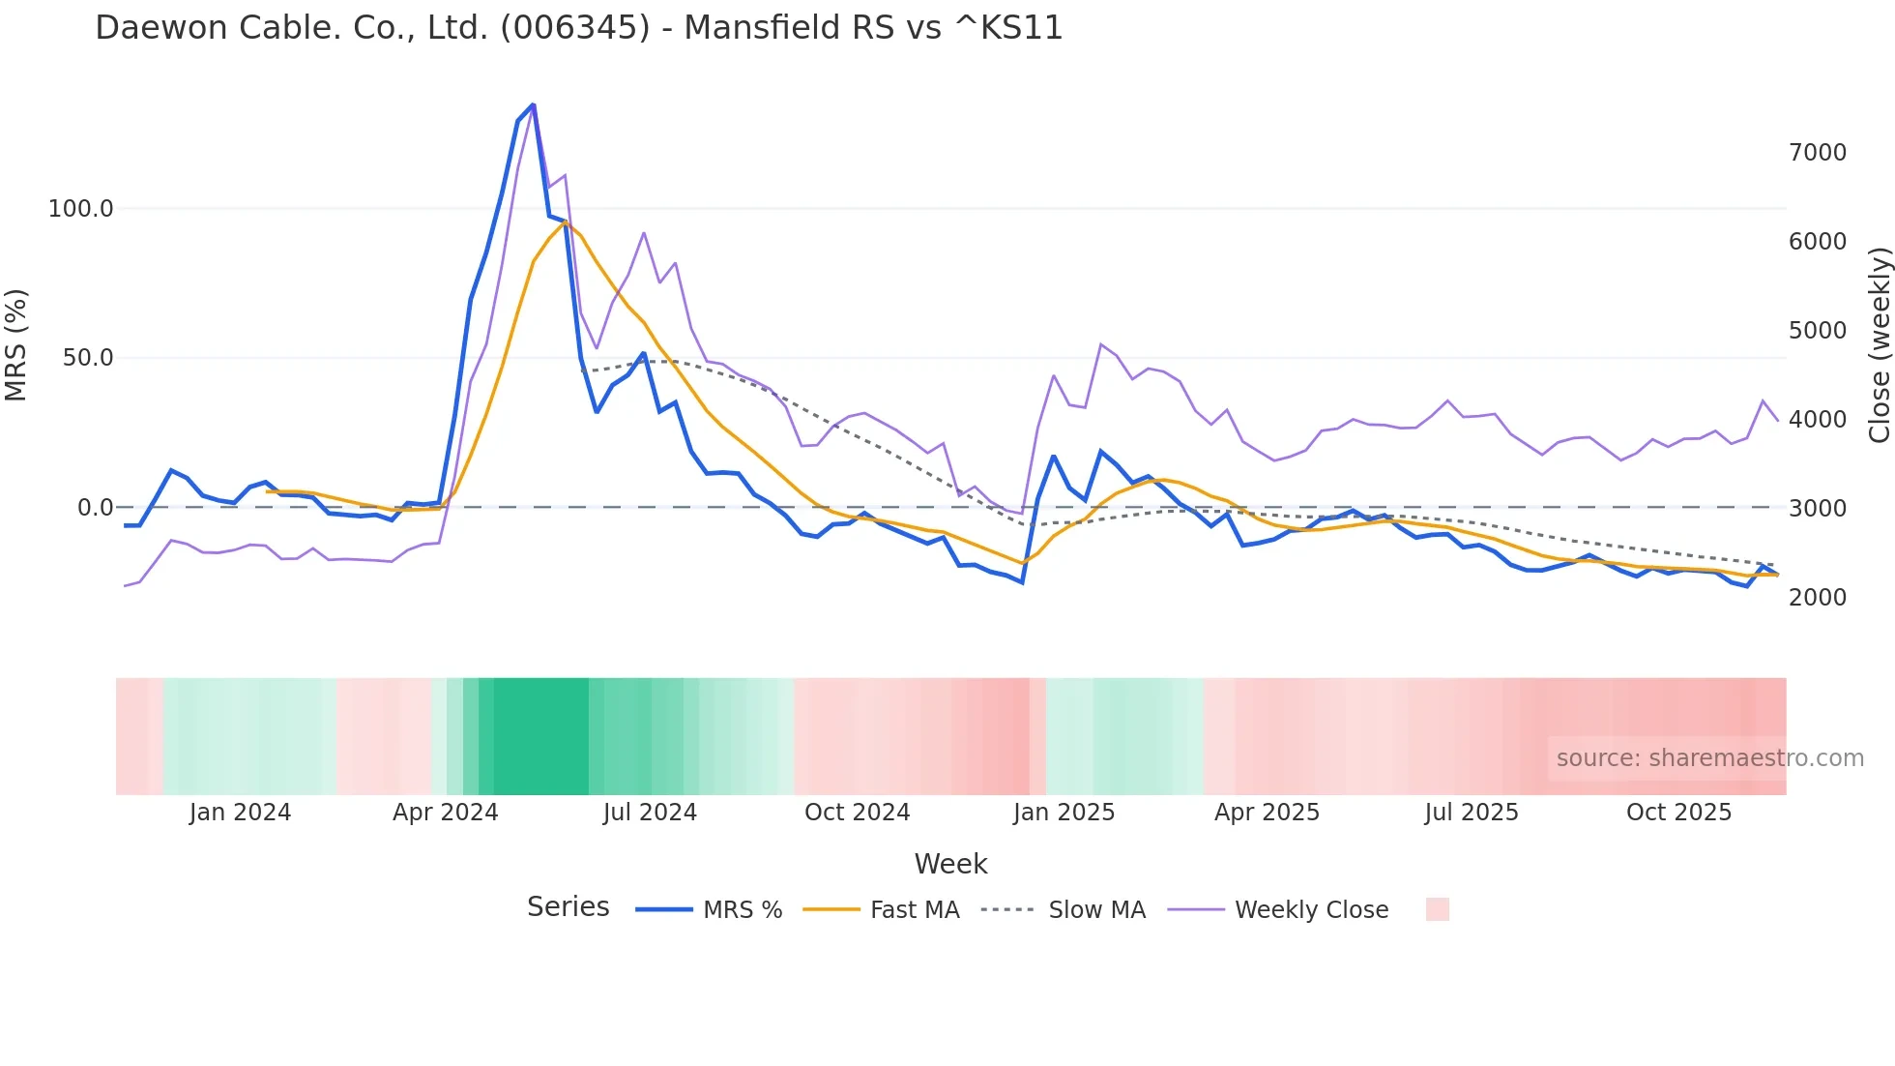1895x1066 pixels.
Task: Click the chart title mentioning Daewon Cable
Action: [x=578, y=28]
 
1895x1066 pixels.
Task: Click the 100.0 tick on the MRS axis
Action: [x=80, y=209]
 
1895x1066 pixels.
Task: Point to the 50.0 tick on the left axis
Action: [x=87, y=358]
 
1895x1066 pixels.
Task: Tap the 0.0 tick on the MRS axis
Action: [x=95, y=508]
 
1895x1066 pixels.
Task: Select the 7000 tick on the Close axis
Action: [x=1817, y=153]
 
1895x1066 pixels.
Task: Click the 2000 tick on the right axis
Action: [x=1817, y=598]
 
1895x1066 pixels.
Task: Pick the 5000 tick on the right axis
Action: [x=1817, y=331]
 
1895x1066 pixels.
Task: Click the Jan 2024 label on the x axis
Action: [x=240, y=813]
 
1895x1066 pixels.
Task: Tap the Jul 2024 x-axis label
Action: [x=650, y=813]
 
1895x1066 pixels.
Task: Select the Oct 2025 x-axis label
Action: [x=1678, y=813]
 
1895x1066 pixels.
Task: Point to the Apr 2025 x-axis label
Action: [x=1267, y=813]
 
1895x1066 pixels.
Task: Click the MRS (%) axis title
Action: [x=16, y=344]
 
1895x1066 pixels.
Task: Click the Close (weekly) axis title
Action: [x=1879, y=344]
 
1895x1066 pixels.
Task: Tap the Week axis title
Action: [x=950, y=864]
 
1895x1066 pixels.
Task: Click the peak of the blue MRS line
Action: [x=533, y=104]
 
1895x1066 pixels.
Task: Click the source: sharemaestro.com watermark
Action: [x=1709, y=758]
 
